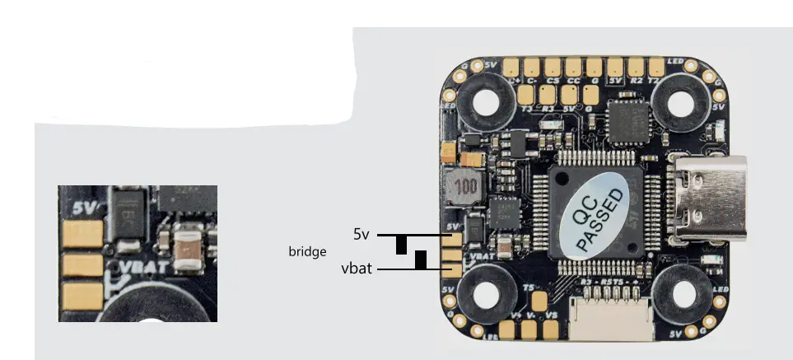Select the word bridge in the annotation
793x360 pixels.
click(307, 250)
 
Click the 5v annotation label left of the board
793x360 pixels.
click(361, 235)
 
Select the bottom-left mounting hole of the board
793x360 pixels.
click(484, 292)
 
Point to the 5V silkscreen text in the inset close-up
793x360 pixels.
click(84, 208)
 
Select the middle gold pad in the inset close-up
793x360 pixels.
click(84, 264)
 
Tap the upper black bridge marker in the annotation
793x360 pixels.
click(401, 245)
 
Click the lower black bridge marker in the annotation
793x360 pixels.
click(421, 260)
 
